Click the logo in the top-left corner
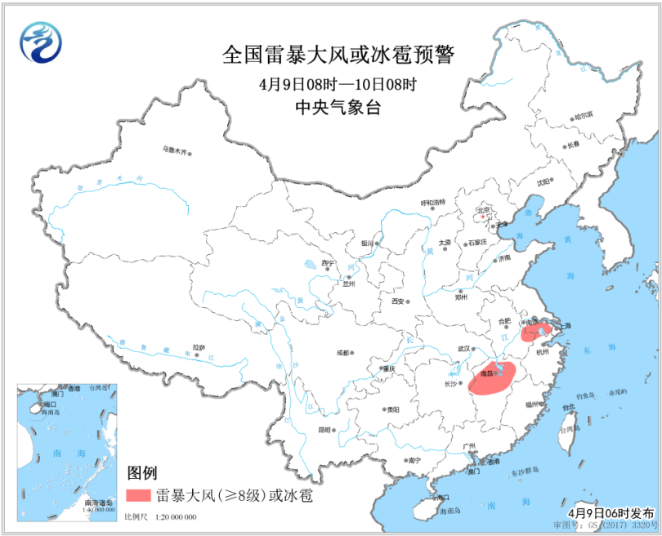click(42, 43)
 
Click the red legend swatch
click(139, 495)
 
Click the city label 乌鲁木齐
click(174, 150)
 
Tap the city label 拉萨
click(198, 347)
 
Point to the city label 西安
click(398, 301)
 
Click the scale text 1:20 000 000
click(172, 518)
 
